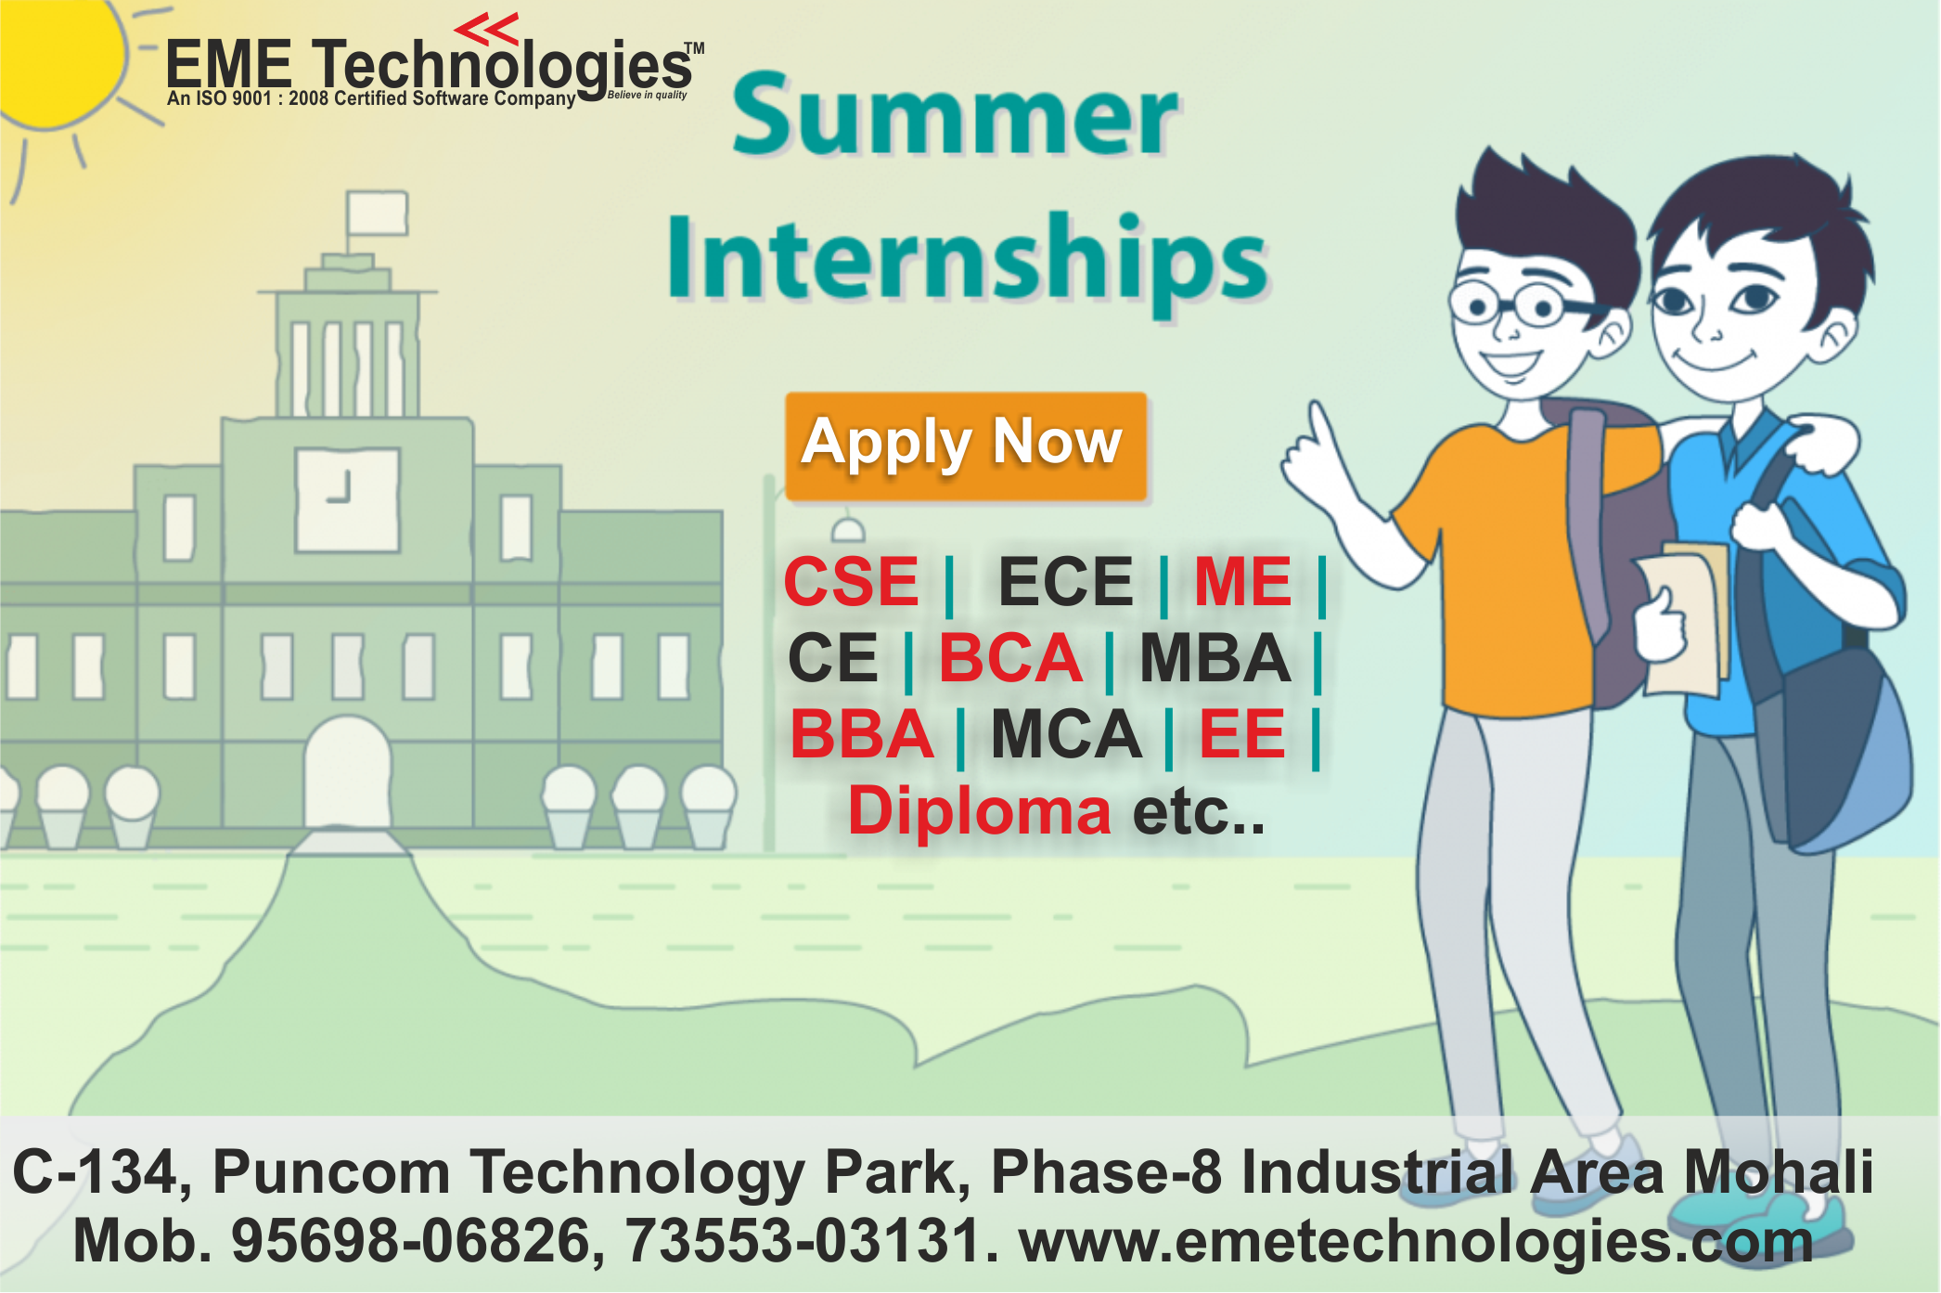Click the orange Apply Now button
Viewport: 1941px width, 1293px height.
click(965, 446)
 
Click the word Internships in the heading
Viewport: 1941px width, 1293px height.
click(967, 259)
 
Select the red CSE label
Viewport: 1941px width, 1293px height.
click(851, 582)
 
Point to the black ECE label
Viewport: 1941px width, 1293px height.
click(1065, 583)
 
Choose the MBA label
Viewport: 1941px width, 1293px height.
click(1215, 659)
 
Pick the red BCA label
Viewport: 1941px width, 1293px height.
click(1010, 659)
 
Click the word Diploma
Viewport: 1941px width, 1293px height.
click(979, 811)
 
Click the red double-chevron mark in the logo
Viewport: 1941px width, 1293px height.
click(487, 30)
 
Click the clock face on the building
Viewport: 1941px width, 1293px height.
click(347, 498)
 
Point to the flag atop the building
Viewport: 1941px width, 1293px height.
click(377, 213)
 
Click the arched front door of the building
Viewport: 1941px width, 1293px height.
click(348, 775)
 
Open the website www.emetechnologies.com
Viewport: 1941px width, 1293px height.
click(1415, 1241)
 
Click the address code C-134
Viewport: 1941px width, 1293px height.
click(93, 1171)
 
